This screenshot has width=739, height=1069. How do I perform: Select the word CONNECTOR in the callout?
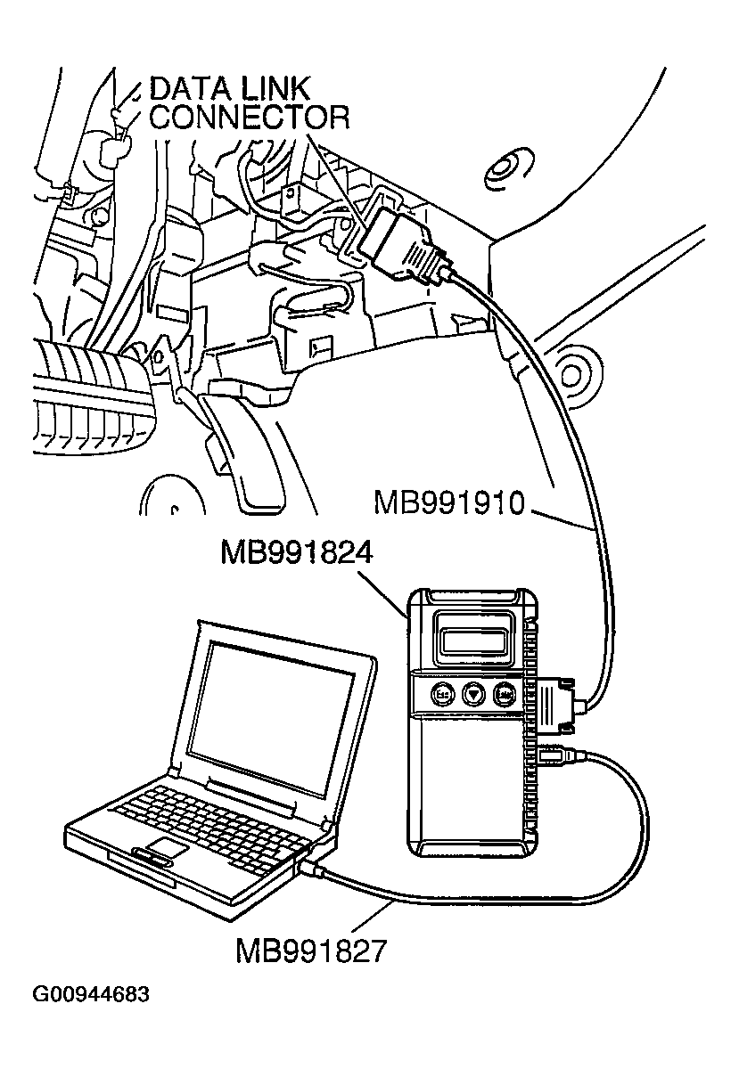point(249,118)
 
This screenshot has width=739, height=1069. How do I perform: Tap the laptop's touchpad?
point(167,847)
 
